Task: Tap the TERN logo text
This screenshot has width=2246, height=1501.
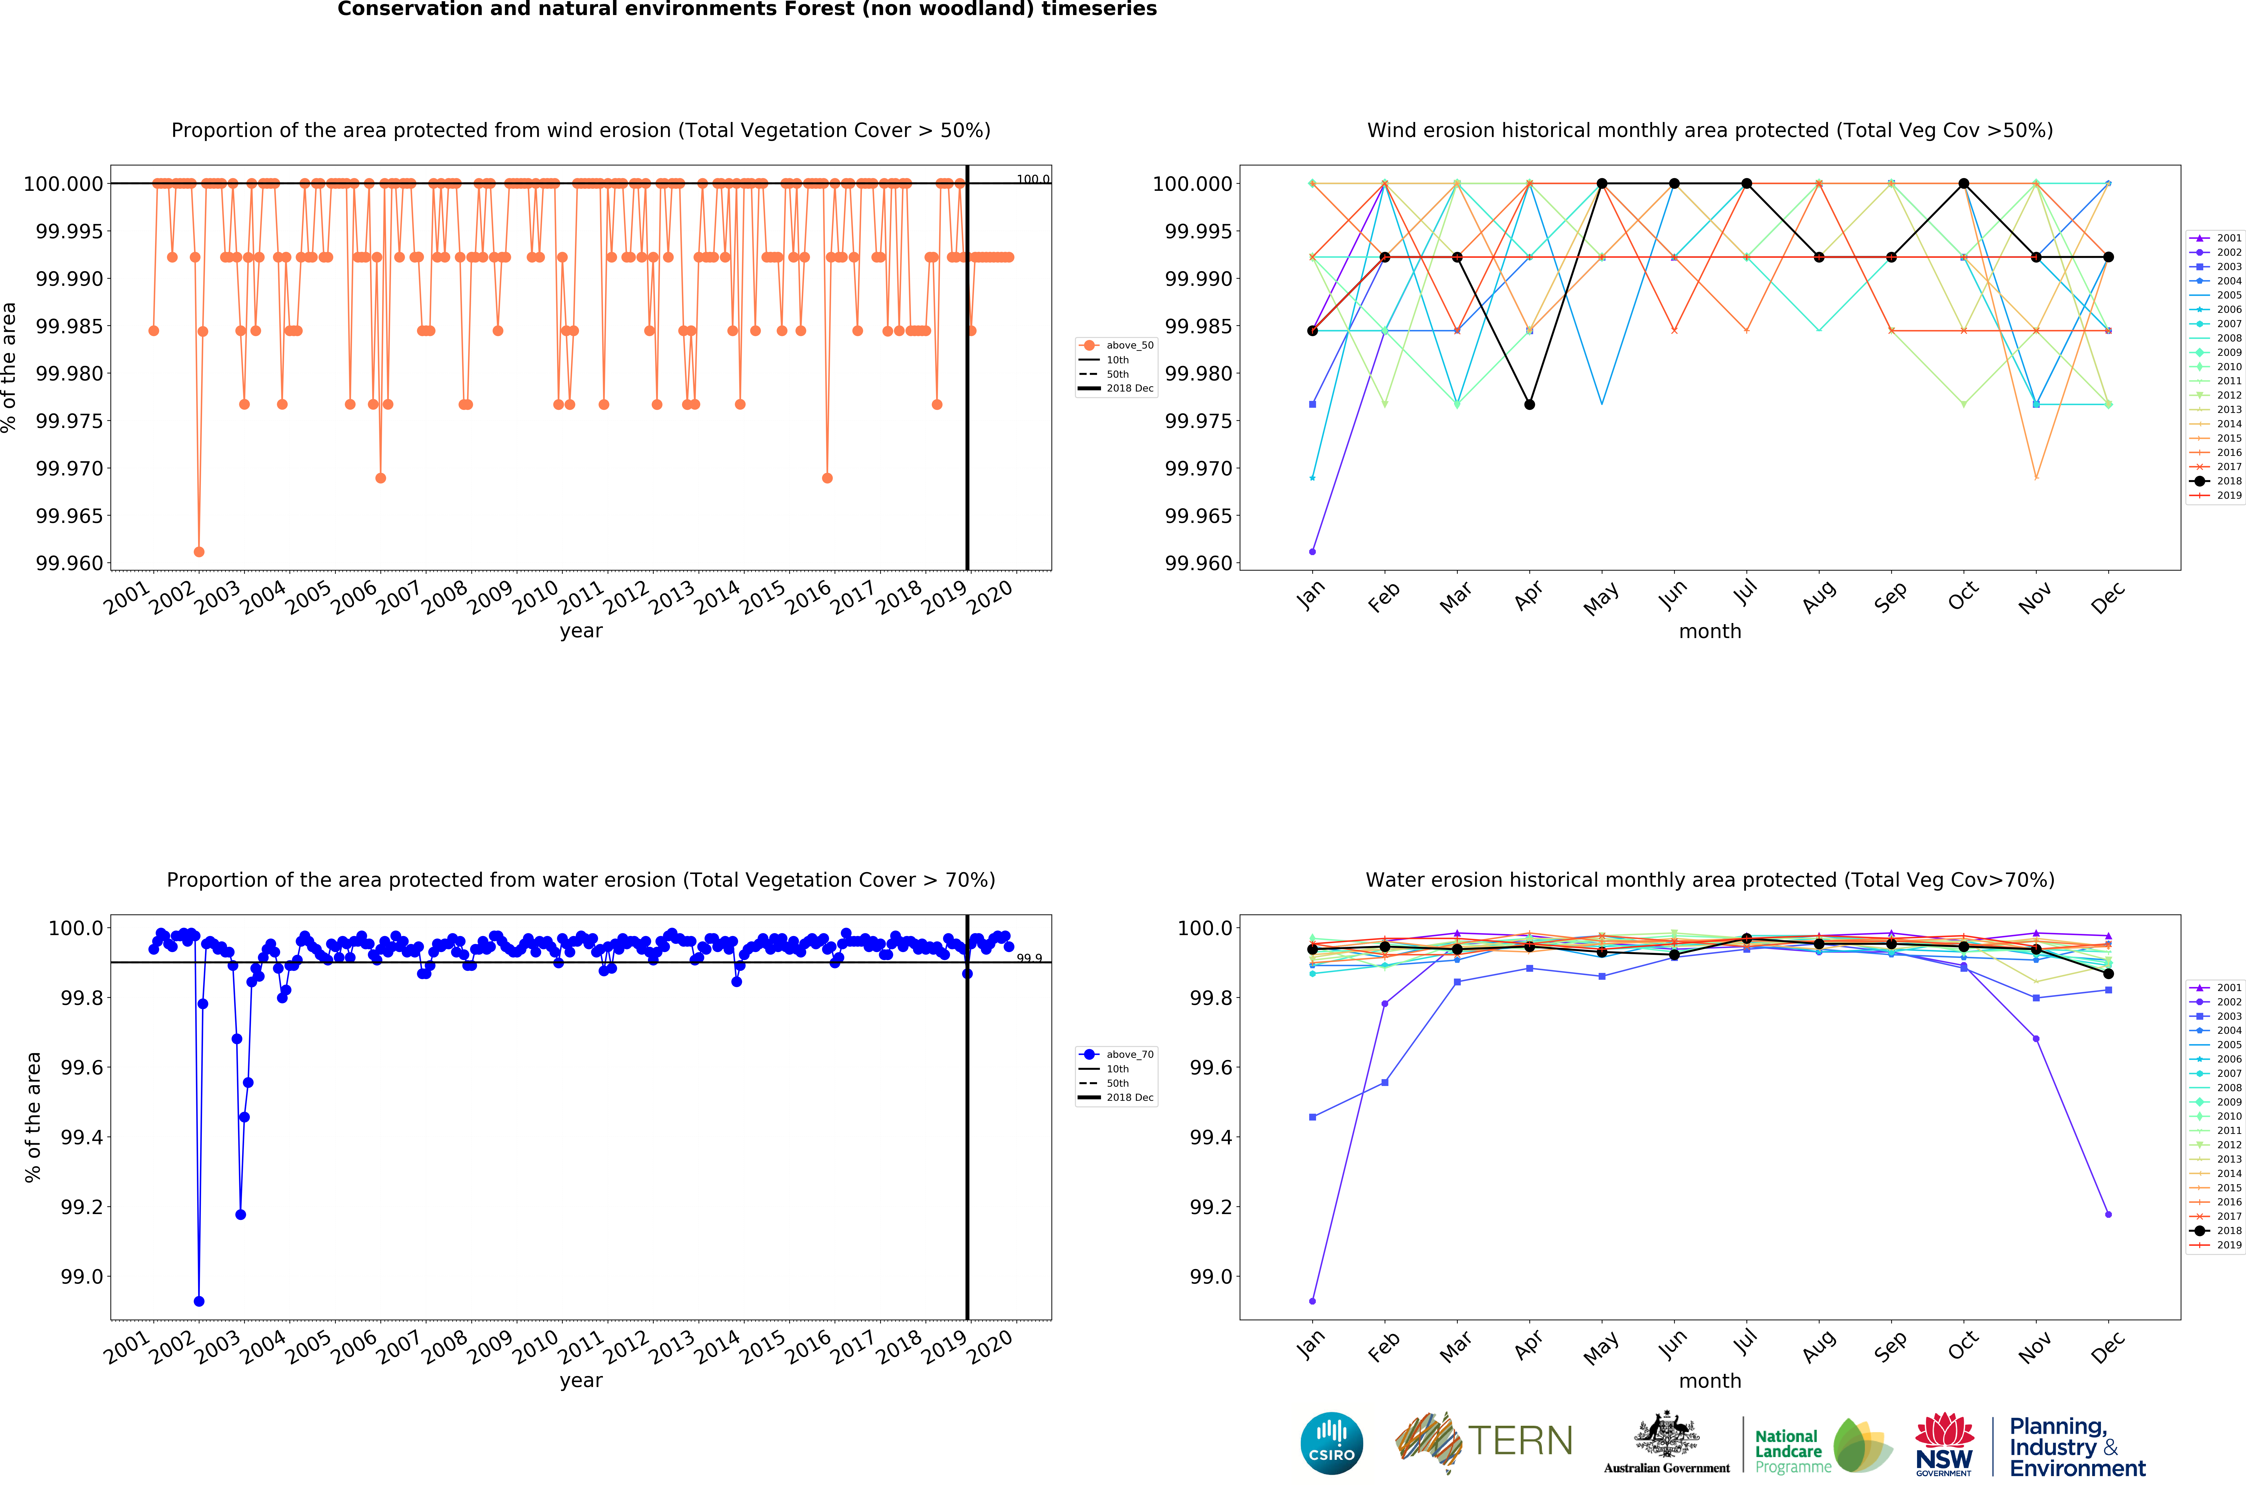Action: tap(1520, 1441)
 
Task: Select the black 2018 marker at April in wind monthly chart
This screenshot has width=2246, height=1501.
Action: tap(1529, 404)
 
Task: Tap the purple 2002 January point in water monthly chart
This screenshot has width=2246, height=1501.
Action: tap(1312, 1301)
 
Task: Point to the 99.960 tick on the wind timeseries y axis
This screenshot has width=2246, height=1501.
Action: tap(69, 563)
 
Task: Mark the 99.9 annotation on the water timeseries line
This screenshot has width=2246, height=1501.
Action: tap(1029, 958)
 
